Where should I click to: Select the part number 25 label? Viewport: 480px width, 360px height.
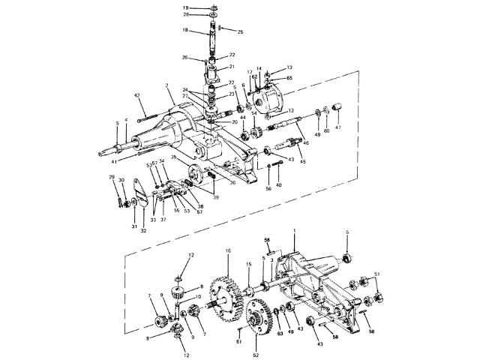pos(241,33)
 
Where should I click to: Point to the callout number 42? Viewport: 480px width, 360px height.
pos(137,95)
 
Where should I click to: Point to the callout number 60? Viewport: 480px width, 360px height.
pos(326,130)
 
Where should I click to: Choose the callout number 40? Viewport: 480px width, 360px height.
pos(278,184)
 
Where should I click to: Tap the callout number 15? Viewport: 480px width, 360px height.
pos(249,264)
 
